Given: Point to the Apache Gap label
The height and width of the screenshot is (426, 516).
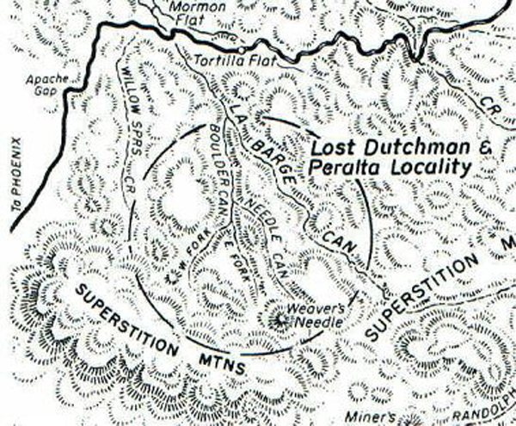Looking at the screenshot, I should tap(41, 83).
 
